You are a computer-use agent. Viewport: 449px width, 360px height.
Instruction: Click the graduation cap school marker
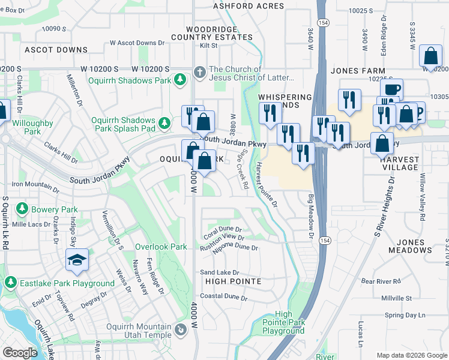tap(77, 260)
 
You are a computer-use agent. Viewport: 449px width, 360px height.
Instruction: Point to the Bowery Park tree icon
tap(22, 209)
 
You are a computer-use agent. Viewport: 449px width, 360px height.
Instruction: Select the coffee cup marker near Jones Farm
tap(391, 89)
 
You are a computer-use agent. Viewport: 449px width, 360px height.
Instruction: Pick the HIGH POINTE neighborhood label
tap(233, 281)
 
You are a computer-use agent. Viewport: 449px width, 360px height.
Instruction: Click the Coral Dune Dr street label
tap(221, 229)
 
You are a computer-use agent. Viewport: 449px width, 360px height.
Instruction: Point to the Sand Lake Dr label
tap(219, 272)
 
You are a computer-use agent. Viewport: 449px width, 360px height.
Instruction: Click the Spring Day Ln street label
tap(405, 315)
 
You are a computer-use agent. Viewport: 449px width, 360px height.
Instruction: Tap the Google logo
tap(20, 353)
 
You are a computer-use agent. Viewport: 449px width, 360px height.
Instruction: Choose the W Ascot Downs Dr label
tap(137, 43)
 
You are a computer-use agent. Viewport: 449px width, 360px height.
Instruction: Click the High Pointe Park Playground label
tap(283, 323)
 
